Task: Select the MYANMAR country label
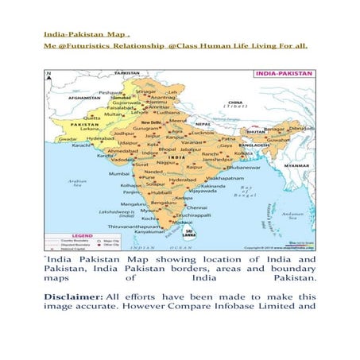point(297,165)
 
